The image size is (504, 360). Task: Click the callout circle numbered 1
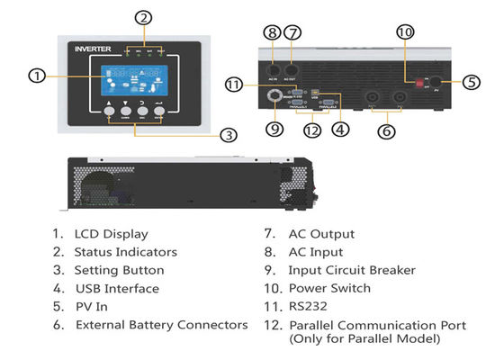(37, 76)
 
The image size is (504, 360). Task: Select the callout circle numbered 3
(229, 136)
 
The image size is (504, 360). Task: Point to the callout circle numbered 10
(405, 32)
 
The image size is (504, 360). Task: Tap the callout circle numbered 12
(311, 130)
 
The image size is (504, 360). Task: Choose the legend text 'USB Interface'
(116, 288)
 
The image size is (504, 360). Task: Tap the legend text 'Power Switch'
(329, 288)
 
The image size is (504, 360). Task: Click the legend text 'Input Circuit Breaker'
(352, 270)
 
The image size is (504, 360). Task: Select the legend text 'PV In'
(92, 306)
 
